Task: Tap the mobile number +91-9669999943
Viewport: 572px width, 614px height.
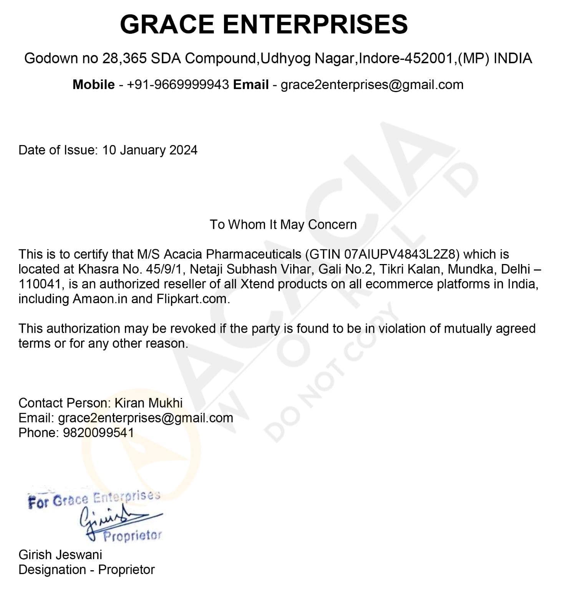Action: [178, 85]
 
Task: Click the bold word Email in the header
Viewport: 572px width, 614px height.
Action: [251, 85]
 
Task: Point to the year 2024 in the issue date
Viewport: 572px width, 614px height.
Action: [183, 150]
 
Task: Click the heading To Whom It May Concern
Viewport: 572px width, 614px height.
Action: [283, 224]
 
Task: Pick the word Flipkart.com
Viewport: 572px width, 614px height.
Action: [193, 299]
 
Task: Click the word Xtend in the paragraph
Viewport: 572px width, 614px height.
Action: [257, 284]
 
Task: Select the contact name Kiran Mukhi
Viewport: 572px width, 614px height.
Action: [149, 403]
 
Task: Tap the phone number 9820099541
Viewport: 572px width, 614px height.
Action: [98, 433]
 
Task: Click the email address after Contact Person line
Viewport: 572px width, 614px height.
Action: [145, 418]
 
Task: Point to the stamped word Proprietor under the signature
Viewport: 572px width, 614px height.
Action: [132, 536]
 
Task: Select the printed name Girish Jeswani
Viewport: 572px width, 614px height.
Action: [60, 555]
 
